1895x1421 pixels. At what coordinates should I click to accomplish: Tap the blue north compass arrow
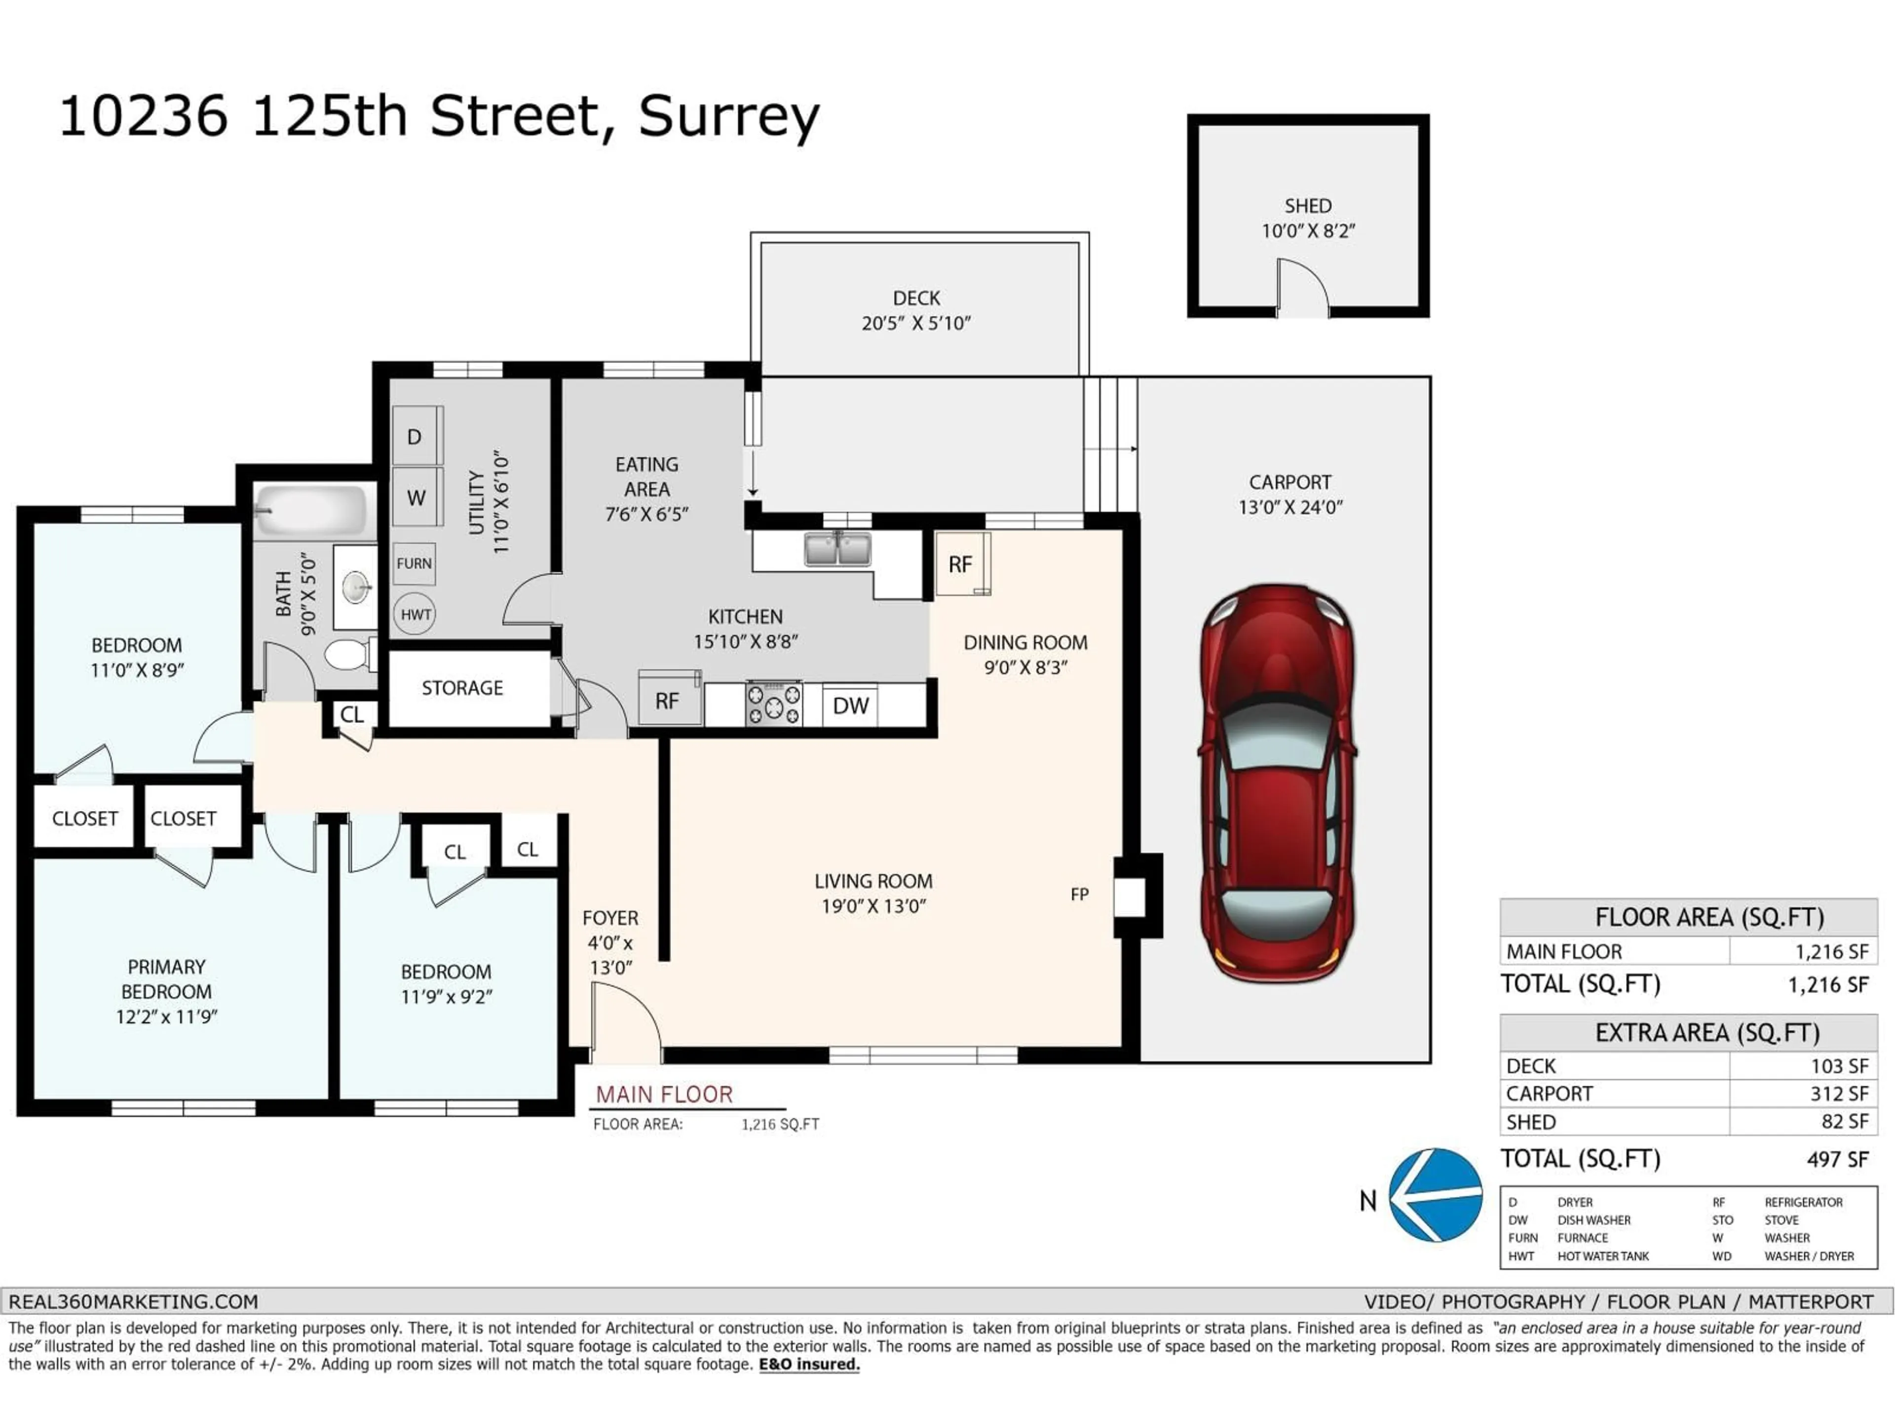[1435, 1195]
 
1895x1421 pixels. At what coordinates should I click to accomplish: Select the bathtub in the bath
[313, 511]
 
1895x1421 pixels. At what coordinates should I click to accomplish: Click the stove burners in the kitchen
[774, 704]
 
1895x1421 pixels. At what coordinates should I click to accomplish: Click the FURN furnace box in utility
[414, 563]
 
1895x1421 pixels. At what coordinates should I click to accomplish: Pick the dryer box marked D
[416, 437]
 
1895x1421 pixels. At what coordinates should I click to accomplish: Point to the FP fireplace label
[1079, 894]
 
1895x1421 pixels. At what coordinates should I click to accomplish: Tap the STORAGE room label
[462, 688]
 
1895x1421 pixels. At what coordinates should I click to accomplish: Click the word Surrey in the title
[728, 117]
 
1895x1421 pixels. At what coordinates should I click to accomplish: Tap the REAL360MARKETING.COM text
[134, 1302]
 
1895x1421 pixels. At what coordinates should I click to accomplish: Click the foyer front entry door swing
[625, 1021]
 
